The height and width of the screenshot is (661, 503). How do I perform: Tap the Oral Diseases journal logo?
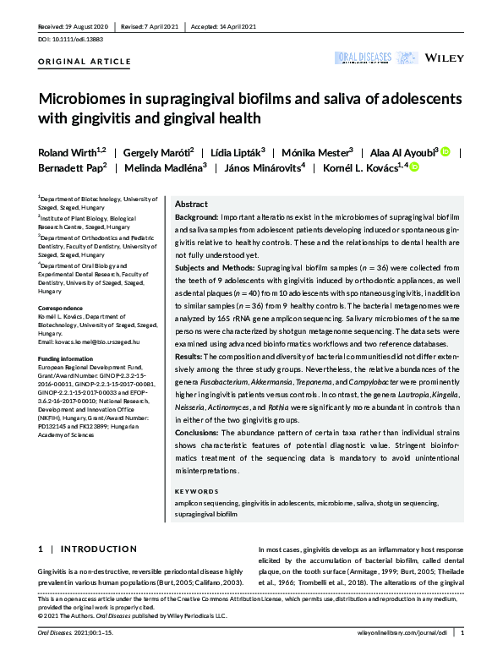point(364,57)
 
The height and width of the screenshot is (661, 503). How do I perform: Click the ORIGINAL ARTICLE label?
point(85,62)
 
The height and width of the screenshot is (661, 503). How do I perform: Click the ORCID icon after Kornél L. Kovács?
point(415,167)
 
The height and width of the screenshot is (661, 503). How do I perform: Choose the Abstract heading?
point(191,205)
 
